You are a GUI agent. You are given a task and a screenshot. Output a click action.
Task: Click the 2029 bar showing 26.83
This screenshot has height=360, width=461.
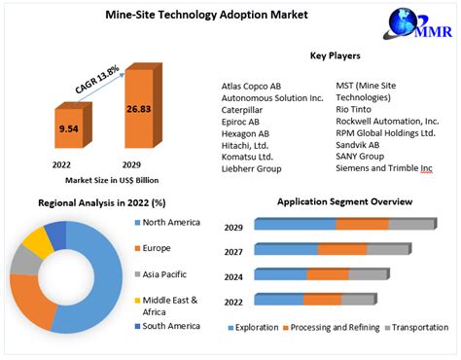pos(136,110)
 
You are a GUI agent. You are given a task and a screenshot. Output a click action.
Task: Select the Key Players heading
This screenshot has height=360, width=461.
pos(337,56)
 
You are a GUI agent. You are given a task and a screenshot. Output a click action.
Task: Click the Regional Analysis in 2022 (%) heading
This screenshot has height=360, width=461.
pos(101,202)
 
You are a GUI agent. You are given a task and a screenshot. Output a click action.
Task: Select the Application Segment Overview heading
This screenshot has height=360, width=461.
pos(344,201)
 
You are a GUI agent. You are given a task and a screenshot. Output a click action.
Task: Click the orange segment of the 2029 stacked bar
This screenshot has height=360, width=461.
pos(362,225)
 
